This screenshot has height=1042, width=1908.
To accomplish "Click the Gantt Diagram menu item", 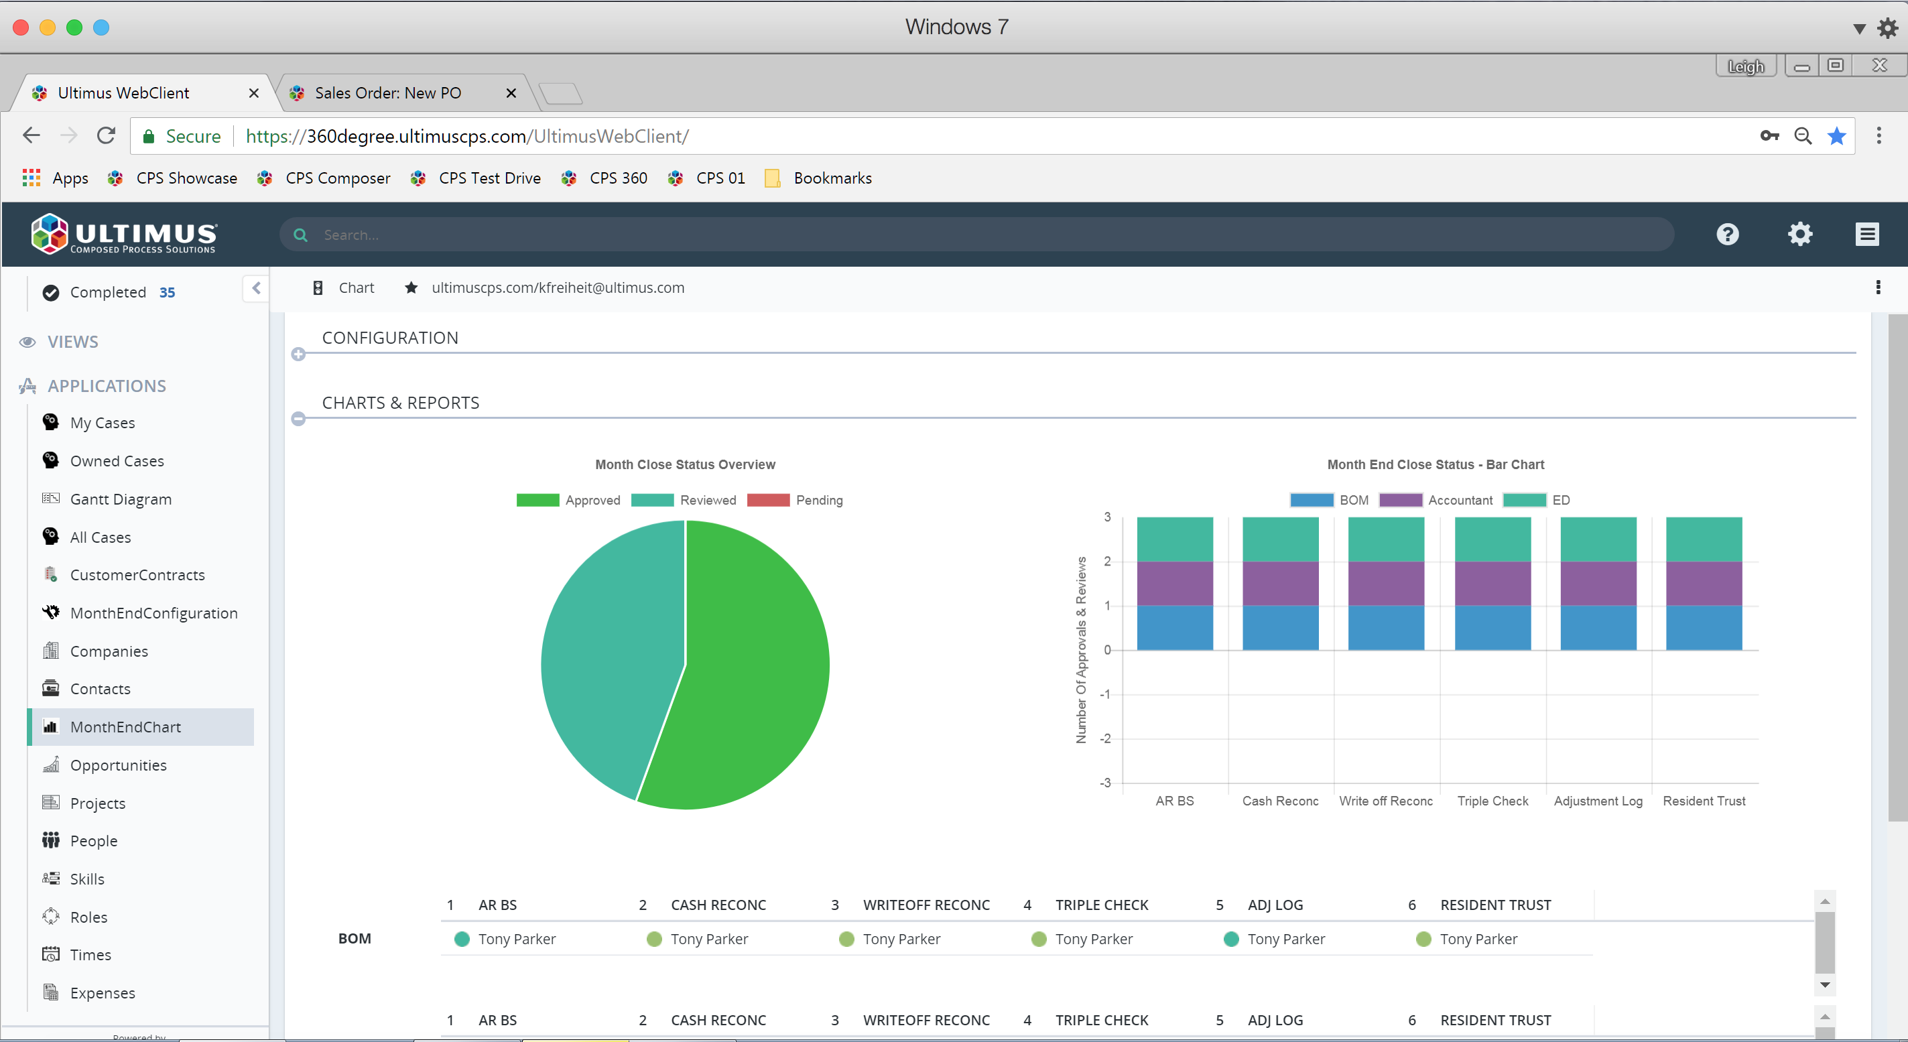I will pyautogui.click(x=120, y=499).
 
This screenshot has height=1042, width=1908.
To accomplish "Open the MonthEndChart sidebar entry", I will pyautogui.click(x=125, y=727).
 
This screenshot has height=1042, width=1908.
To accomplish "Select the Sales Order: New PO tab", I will pyautogui.click(x=387, y=93).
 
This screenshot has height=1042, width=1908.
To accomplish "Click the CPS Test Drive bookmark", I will pyautogui.click(x=489, y=178).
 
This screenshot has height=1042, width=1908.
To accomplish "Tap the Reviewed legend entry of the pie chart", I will pyautogui.click(x=707, y=501).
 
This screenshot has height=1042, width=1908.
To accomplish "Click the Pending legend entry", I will pyautogui.click(x=818, y=501).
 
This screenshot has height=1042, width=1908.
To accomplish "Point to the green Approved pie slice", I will pyautogui.click(x=755, y=667).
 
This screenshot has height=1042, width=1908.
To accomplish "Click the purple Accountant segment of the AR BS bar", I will pyautogui.click(x=1175, y=584).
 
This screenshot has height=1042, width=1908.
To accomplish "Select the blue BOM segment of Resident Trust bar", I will pyautogui.click(x=1704, y=628).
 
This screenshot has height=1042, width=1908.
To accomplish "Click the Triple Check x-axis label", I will pyautogui.click(x=1492, y=801).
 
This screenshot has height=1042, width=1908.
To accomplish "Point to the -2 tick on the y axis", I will pyautogui.click(x=1105, y=739).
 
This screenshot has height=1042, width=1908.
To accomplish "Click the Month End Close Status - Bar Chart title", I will pyautogui.click(x=1436, y=465).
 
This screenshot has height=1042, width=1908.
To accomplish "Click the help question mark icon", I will pyautogui.click(x=1727, y=235).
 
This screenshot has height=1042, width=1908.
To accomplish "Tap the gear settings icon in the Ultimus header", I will pyautogui.click(x=1800, y=235).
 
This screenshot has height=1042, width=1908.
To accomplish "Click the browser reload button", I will pyautogui.click(x=106, y=136).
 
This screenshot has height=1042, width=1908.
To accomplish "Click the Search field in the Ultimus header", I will pyautogui.click(x=963, y=235).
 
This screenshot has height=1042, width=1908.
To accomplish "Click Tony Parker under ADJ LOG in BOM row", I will pyautogui.click(x=1286, y=939).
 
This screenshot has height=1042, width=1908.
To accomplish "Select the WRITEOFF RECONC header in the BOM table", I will pyautogui.click(x=926, y=905).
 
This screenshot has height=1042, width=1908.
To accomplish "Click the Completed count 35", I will pyautogui.click(x=168, y=293).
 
